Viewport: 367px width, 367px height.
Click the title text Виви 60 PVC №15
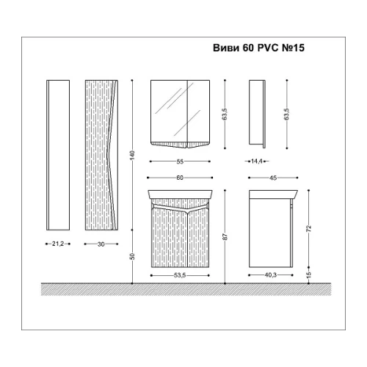[258, 48]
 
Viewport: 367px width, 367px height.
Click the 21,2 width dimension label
[58, 244]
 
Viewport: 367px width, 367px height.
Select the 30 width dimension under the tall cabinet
[101, 244]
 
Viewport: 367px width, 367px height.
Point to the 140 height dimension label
[132, 155]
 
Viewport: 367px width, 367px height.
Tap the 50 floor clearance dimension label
[132, 256]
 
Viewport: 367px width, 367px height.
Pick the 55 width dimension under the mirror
[180, 161]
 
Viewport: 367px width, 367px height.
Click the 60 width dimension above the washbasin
[180, 178]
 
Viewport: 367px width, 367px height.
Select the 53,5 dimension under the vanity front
[180, 275]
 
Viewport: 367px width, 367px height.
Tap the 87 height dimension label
[225, 236]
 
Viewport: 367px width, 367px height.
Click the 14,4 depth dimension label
[257, 161]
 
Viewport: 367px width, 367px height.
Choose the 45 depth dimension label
[273, 178]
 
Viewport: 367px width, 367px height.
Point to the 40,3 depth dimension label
[271, 275]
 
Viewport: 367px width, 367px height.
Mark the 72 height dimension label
[309, 228]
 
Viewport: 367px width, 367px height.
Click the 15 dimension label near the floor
[309, 275]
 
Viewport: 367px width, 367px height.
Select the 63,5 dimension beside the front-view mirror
[225, 114]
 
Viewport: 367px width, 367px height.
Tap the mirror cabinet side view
[258, 114]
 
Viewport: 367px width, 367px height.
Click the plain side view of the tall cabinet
[58, 155]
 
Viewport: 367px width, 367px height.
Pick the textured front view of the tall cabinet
[101, 155]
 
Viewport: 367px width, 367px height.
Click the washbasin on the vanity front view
[180, 195]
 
